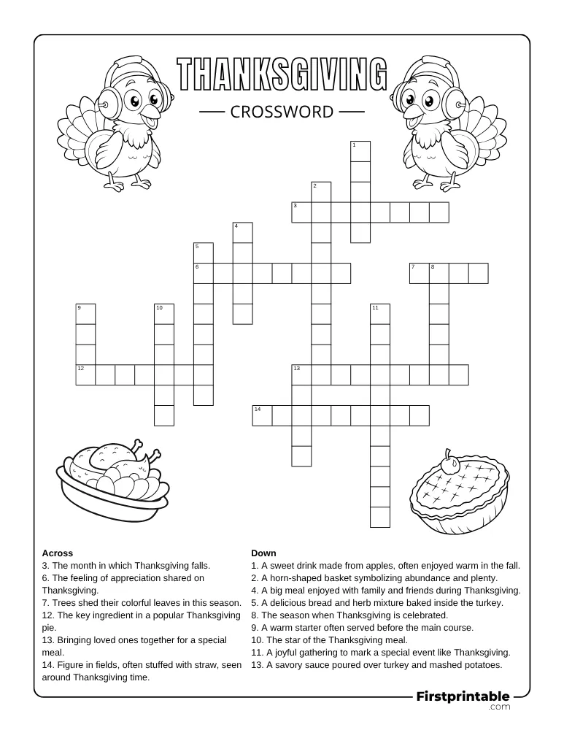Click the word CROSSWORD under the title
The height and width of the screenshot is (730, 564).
282,112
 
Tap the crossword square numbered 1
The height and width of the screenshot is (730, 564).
360,151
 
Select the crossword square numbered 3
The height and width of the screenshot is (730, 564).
301,212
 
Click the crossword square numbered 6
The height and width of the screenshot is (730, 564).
203,273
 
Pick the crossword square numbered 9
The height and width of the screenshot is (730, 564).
85,314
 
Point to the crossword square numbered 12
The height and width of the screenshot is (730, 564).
85,374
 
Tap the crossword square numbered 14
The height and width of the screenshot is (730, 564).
262,415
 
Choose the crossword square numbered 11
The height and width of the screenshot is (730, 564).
380,314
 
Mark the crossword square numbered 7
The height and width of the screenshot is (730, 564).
419,273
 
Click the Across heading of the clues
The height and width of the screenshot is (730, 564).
58,553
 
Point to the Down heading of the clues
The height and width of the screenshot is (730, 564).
263,553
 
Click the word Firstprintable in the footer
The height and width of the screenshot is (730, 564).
463,696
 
